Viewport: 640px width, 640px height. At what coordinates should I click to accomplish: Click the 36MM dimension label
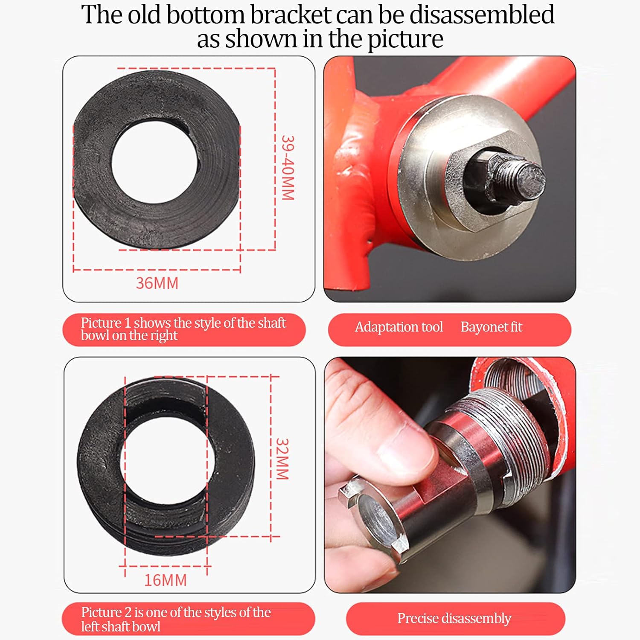[157, 283]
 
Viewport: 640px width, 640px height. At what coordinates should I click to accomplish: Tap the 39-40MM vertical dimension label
[288, 168]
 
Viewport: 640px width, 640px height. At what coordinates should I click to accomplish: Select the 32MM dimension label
[282, 459]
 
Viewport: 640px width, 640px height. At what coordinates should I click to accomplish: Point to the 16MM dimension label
[165, 580]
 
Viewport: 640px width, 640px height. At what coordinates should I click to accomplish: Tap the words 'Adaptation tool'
[399, 327]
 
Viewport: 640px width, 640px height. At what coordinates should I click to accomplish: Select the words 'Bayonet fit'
[492, 327]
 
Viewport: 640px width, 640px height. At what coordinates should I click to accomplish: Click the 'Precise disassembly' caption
[454, 619]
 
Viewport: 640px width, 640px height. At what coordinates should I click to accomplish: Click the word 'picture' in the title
[405, 39]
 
